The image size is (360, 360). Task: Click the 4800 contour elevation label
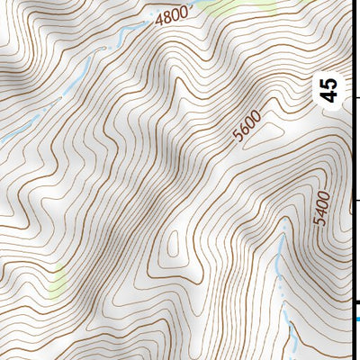point(172,17)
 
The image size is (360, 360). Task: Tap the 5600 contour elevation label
point(246,126)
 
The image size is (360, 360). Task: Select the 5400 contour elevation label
point(322,209)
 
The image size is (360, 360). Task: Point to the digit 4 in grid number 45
point(329,96)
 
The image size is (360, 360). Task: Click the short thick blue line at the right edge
point(356,318)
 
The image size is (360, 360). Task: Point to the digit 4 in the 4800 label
point(159,21)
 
